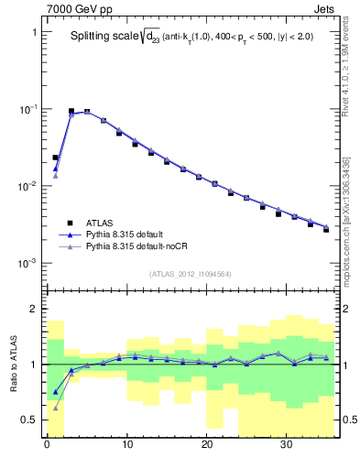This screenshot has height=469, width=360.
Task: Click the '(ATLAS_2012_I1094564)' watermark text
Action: pos(189,272)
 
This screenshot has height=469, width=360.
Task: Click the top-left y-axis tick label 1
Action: pos(34,32)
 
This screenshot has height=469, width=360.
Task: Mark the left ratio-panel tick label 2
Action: pos(34,310)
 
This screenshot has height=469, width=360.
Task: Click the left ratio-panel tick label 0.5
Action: pos(29,420)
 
